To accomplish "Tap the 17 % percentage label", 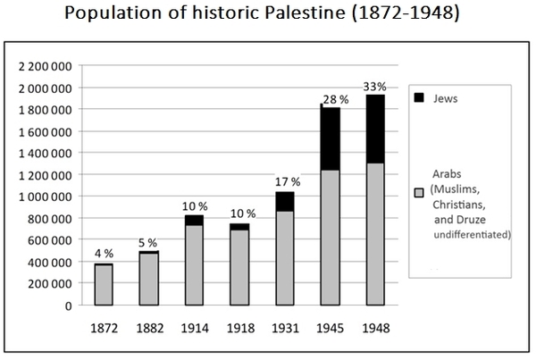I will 289,182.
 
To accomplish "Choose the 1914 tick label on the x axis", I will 195,327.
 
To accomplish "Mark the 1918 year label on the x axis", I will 241,327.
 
